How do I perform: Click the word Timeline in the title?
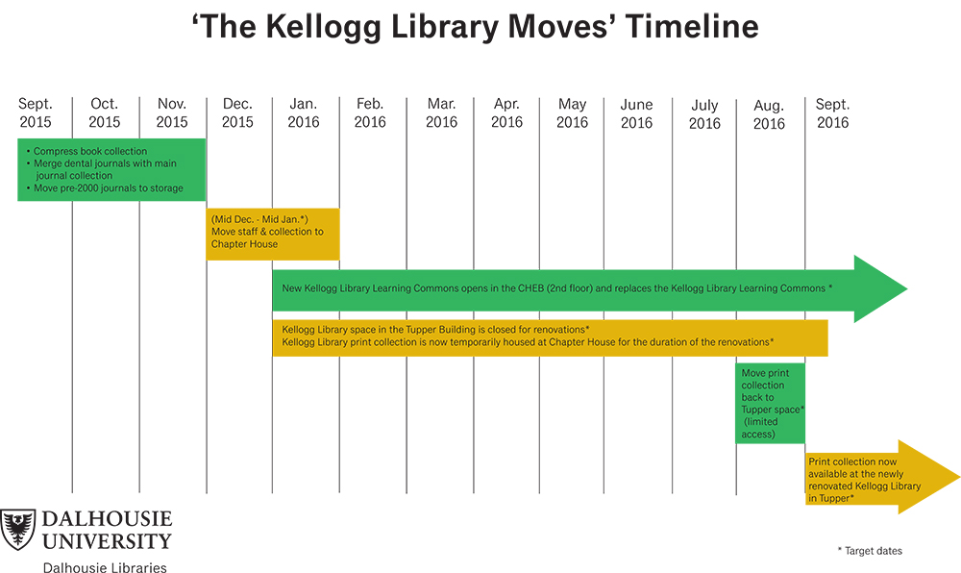(x=692, y=27)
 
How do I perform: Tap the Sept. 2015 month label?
(x=36, y=112)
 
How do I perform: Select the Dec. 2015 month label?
(x=237, y=112)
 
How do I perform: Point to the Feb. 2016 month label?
(x=370, y=112)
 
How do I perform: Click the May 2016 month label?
(x=572, y=113)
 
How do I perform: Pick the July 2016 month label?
(x=704, y=114)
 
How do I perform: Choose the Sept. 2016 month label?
(x=833, y=113)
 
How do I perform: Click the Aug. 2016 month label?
(x=769, y=114)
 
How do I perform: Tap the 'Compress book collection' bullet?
(x=87, y=151)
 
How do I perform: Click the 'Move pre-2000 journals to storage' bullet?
(x=105, y=188)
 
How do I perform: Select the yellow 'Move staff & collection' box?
(x=273, y=234)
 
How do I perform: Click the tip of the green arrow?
(x=906, y=288)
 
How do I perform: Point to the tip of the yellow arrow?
(x=959, y=477)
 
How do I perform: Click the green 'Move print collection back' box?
(x=771, y=403)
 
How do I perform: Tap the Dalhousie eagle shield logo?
(x=17, y=529)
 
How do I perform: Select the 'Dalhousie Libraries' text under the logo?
(x=105, y=567)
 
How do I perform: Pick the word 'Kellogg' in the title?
(x=324, y=28)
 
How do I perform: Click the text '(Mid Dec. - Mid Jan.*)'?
(x=259, y=219)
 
